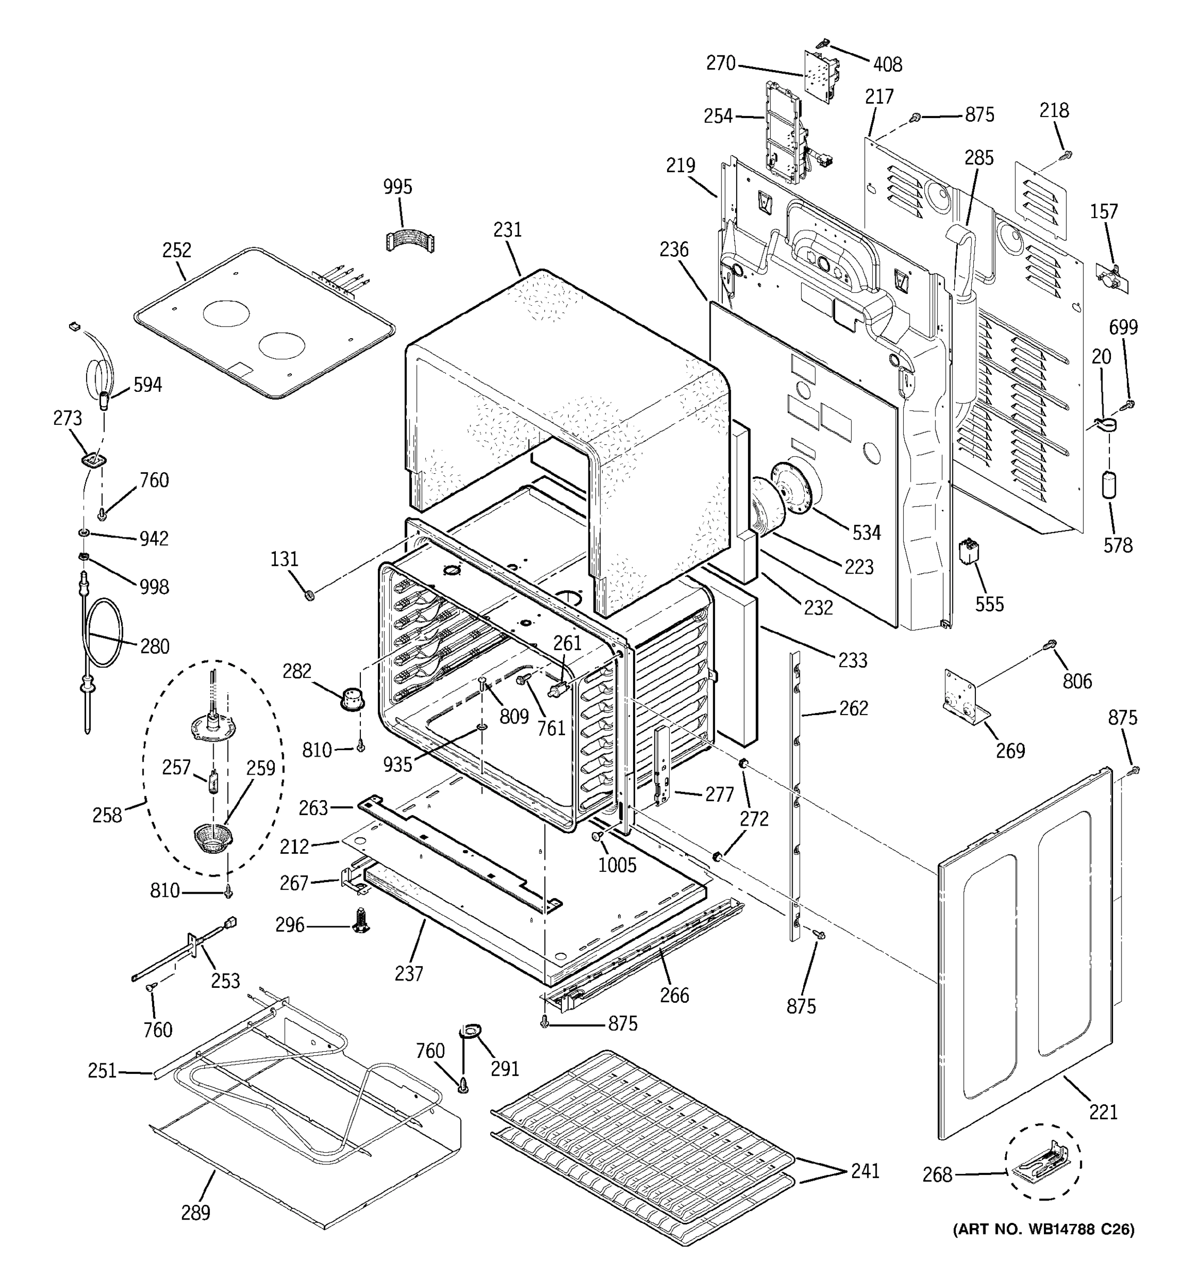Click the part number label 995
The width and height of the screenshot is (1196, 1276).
pos(397,187)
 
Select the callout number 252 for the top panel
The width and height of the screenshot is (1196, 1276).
pos(176,250)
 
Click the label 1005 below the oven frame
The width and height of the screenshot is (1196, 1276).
pos(617,865)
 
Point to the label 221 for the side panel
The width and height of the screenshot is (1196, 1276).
pos(1103,1112)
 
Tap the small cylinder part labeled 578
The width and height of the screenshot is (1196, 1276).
pos(1108,484)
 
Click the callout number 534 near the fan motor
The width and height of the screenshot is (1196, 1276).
pos(866,532)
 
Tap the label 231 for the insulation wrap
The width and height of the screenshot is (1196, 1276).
pos(508,230)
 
